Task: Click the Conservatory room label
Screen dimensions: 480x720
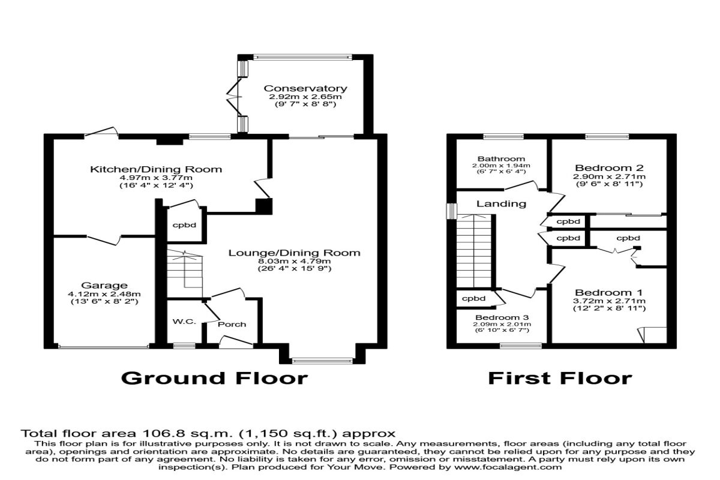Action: tap(305, 89)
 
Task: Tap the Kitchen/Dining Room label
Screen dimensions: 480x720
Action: tap(155, 169)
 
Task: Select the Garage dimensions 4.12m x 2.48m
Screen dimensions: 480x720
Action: tap(105, 294)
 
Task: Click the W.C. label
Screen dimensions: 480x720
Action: tap(184, 322)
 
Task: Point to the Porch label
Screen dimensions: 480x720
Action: tap(232, 324)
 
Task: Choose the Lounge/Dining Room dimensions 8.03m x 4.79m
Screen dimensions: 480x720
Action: tap(294, 261)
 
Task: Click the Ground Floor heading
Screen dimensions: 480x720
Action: tap(214, 378)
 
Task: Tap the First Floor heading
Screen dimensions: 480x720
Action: tap(559, 378)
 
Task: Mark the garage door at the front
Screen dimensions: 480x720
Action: tap(103, 346)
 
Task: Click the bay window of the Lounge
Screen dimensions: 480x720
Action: tap(322, 361)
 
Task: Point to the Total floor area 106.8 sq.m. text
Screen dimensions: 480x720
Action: tap(208, 433)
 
